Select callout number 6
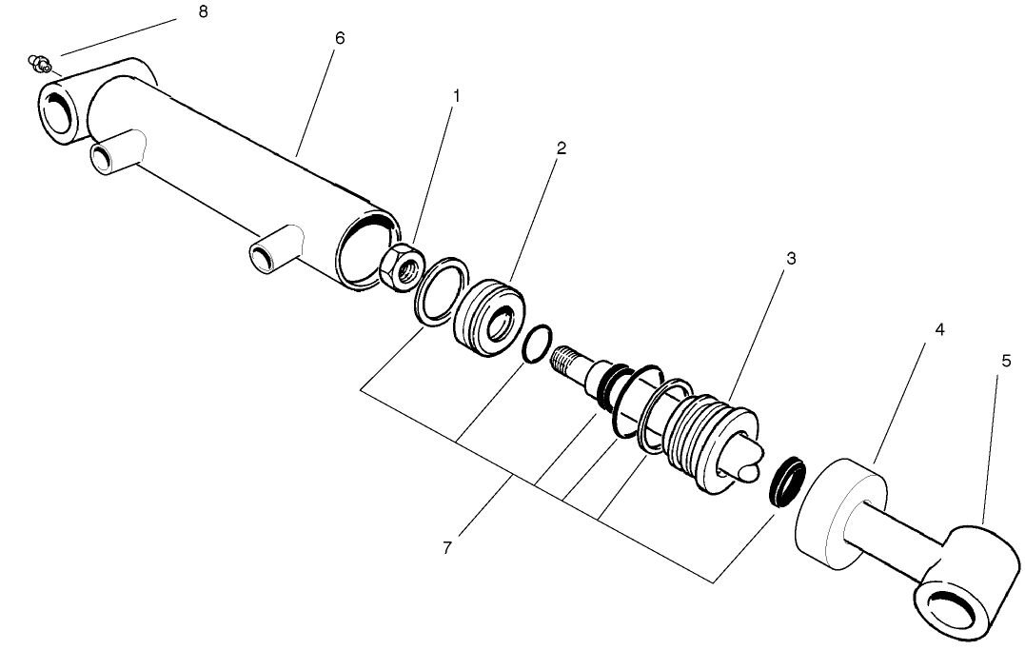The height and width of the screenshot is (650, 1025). point(341,38)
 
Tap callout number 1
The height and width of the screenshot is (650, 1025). point(456,96)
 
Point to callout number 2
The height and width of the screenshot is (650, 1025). point(562,148)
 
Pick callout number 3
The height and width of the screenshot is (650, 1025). point(790,259)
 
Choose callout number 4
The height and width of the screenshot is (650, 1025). point(939,330)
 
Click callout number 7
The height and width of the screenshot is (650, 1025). point(445,549)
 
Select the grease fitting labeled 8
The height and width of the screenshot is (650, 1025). point(39,65)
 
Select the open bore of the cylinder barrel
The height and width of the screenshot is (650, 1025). point(367,250)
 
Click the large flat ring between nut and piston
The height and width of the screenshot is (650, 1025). point(441,289)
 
